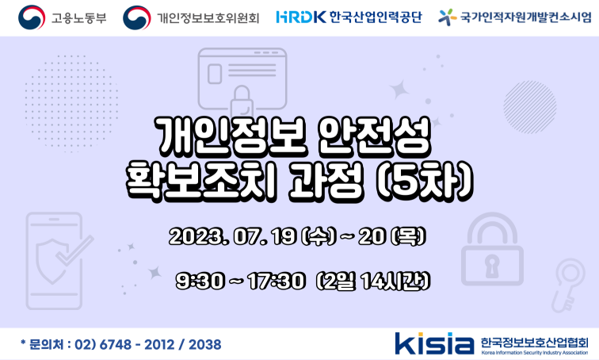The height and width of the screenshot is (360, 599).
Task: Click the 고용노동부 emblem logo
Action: (32, 17)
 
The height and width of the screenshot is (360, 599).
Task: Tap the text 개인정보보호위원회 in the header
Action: (208, 18)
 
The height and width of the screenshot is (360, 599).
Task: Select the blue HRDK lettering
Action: (300, 17)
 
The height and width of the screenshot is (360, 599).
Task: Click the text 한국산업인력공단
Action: (376, 17)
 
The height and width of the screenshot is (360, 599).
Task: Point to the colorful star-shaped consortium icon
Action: (447, 17)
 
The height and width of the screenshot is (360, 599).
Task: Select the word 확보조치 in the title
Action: (201, 182)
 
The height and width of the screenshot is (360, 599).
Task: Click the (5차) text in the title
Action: (425, 182)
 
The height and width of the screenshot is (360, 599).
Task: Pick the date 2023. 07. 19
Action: (233, 237)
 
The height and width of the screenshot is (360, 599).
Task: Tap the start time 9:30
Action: (200, 281)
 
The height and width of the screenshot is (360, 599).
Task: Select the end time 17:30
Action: (277, 281)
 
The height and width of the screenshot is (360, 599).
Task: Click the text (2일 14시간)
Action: (373, 281)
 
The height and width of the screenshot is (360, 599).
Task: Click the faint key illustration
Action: (568, 285)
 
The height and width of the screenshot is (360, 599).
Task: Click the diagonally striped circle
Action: (530, 107)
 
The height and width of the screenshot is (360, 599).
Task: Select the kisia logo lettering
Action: (434, 343)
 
